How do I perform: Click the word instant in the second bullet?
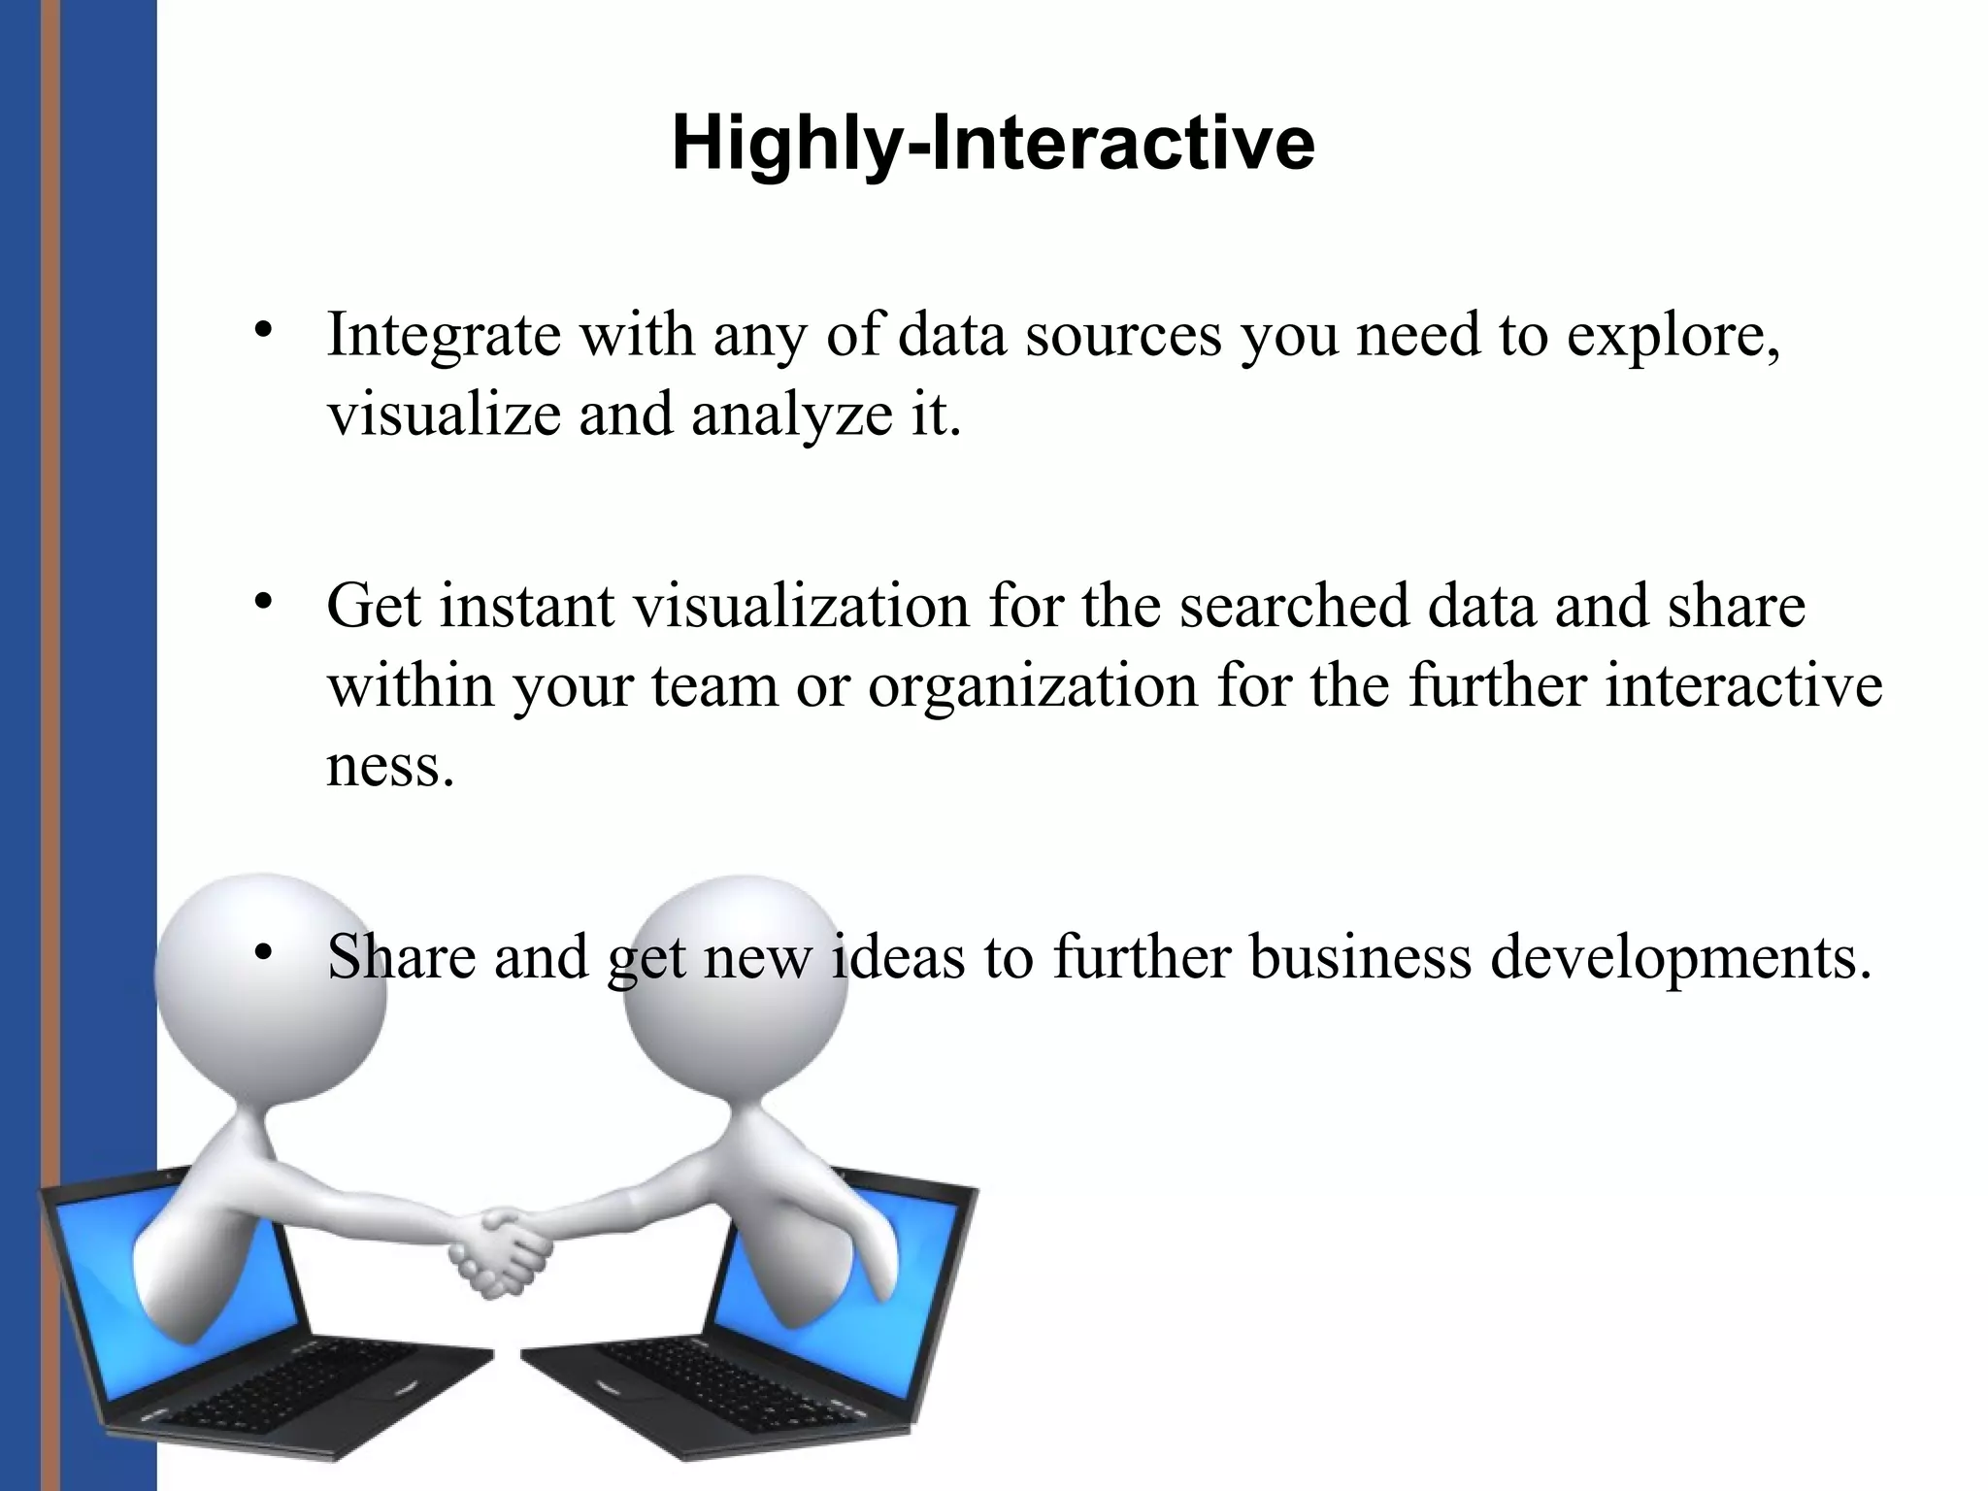coord(527,607)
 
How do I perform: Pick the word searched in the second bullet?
coord(1294,607)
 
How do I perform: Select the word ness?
coord(389,767)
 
